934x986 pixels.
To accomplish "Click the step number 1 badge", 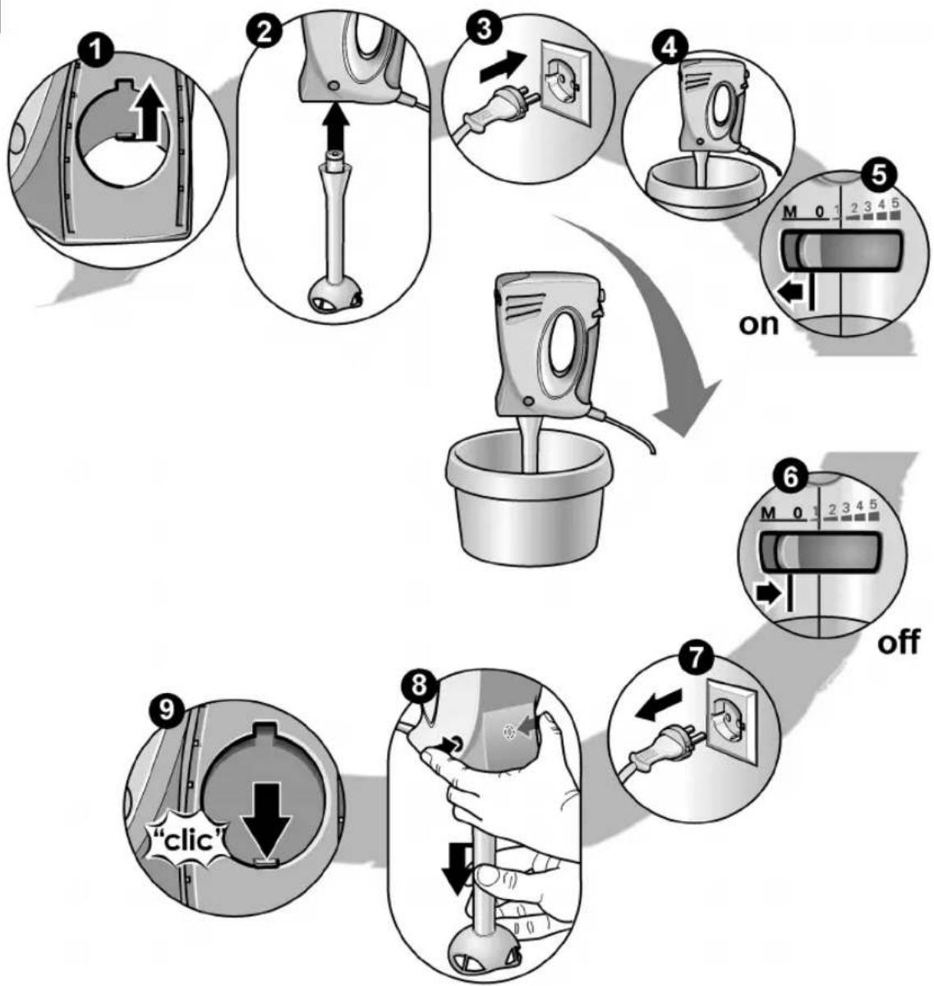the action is tap(96, 53).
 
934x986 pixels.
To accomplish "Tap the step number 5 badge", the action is tap(878, 176).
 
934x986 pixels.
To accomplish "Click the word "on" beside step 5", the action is tap(759, 325).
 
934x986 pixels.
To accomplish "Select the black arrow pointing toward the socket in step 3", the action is tap(502, 67).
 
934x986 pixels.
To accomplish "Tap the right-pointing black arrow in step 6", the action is tap(769, 595).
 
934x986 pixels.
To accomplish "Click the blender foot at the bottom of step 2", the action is tap(335, 295).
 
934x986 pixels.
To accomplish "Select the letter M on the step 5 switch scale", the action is tap(790, 212).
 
